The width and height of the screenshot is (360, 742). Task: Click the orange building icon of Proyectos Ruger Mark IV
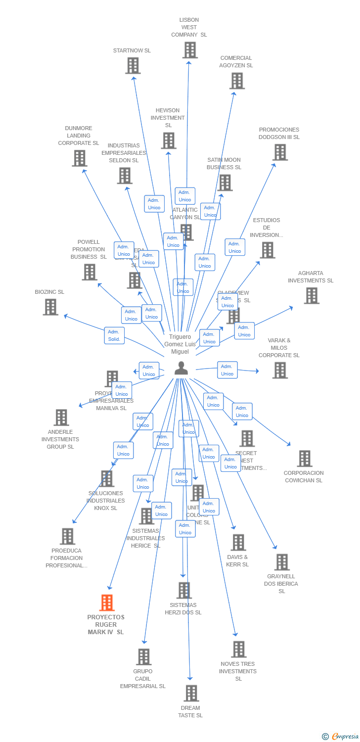coord(107,603)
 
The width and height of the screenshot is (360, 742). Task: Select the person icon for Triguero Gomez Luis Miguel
coord(181,368)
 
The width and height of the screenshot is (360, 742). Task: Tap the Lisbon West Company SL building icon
coord(190,50)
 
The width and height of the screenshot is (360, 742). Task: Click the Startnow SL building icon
coord(133,65)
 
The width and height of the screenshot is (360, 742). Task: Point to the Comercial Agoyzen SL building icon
coord(237,81)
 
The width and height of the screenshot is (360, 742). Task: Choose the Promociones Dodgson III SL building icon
coord(280,152)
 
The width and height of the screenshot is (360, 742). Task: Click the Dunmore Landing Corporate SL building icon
coord(79,158)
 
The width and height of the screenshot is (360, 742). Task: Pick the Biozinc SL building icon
coord(50,307)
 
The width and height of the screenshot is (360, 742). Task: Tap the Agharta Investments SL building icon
coord(311,296)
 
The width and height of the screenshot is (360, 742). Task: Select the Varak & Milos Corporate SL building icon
coord(280,371)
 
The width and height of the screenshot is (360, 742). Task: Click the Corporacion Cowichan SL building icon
coord(305,459)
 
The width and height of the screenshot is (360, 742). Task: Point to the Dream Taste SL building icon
coord(191,693)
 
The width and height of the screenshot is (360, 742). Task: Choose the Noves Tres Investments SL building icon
coord(238,649)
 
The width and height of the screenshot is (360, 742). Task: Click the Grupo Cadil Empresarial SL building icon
coord(143,656)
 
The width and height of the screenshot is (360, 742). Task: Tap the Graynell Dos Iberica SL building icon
coord(282,562)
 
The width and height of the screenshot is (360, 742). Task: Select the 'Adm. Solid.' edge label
coord(114,335)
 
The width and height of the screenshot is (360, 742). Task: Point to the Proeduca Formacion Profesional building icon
coord(67,536)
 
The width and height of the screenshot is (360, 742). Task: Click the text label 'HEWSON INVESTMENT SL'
coord(168,118)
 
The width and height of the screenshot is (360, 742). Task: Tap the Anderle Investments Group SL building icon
coord(61,417)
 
